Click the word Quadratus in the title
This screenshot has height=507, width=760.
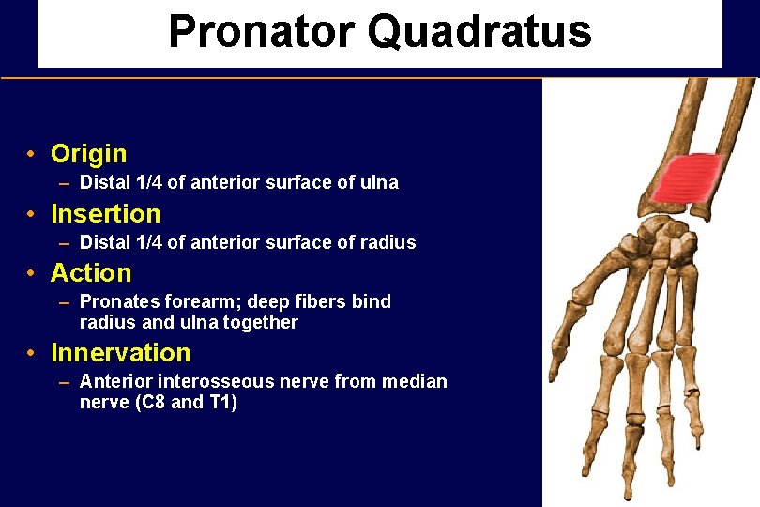tap(479, 32)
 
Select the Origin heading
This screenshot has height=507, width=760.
tap(88, 154)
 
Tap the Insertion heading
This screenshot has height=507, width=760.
tap(105, 214)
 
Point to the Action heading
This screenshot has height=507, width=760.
tap(91, 273)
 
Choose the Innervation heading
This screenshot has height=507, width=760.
tap(120, 353)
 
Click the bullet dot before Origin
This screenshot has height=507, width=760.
tap(32, 154)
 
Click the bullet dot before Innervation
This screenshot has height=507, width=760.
tap(32, 354)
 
